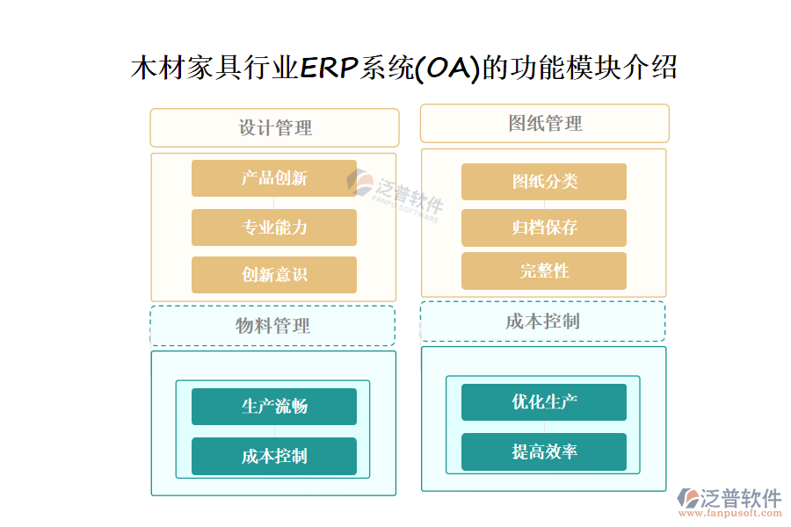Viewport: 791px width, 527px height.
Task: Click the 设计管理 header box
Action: [274, 127]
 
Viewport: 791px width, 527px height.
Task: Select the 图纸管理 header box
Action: [545, 124]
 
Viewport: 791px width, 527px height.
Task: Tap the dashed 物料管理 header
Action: [272, 326]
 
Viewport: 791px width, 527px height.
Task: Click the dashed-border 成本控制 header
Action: [543, 321]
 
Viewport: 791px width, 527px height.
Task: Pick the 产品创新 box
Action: [274, 178]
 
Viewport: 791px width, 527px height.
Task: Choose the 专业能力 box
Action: [274, 227]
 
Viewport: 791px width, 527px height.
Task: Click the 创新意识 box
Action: [274, 275]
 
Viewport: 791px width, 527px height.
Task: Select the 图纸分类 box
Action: [544, 182]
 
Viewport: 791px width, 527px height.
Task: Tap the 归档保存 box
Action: [544, 228]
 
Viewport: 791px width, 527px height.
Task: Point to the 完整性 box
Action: [544, 271]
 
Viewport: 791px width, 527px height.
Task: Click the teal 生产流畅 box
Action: [274, 407]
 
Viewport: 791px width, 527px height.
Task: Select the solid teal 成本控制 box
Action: [274, 457]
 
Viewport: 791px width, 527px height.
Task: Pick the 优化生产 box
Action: [544, 402]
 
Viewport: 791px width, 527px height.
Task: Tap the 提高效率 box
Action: [544, 451]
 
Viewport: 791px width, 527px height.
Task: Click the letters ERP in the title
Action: [330, 68]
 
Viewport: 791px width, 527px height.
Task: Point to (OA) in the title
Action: [447, 69]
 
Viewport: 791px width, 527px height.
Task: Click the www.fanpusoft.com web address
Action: [730, 513]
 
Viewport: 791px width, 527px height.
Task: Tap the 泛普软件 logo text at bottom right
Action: [741, 498]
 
